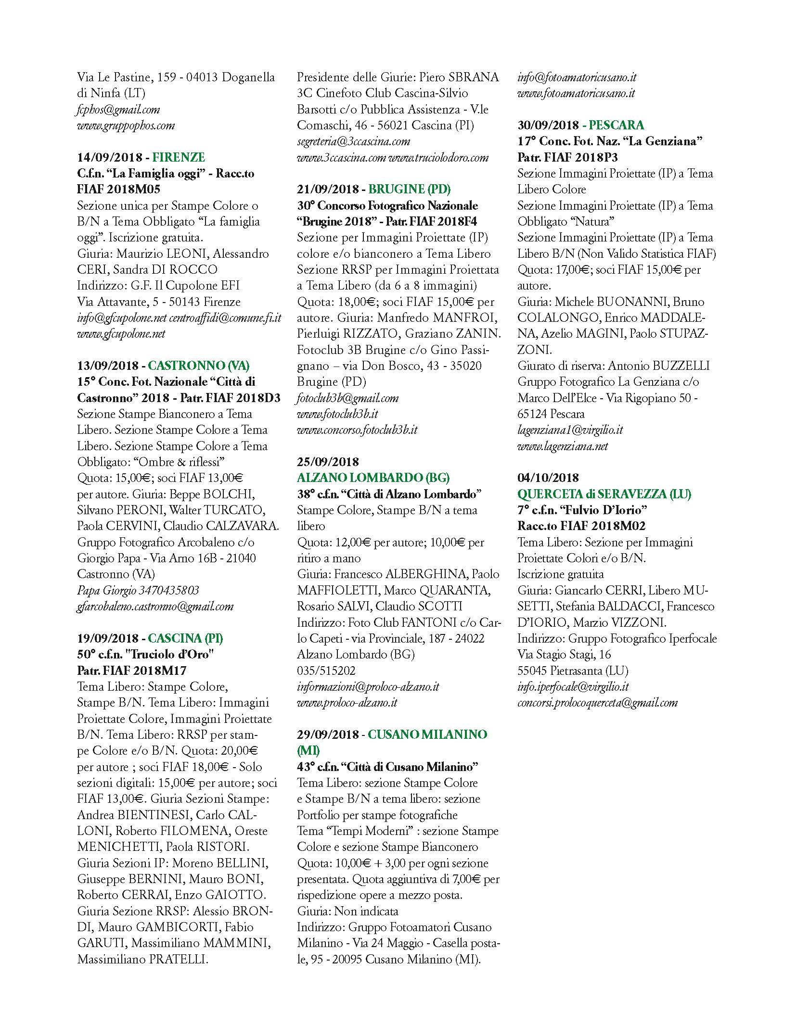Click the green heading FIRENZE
point(179,157)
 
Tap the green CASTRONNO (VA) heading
point(198,366)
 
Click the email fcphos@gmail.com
point(118,110)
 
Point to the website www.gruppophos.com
point(126,126)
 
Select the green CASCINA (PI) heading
point(185,638)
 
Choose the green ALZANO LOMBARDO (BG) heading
point(373,478)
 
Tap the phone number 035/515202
point(326,671)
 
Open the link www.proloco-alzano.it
point(347,702)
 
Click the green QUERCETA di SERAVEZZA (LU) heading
point(604,494)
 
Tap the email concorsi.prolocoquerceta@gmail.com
point(597,702)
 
